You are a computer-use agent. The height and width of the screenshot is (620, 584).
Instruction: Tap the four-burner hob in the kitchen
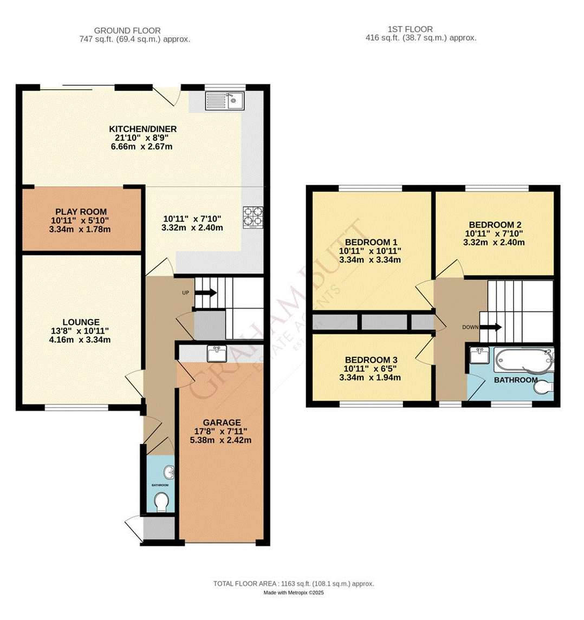[254, 217]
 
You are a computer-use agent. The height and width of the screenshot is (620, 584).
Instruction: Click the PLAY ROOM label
[81, 212]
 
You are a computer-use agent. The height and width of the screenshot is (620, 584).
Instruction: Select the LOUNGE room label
[81, 322]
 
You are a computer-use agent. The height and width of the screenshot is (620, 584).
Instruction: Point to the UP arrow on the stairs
[205, 293]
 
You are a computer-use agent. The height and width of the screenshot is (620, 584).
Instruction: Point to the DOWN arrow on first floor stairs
[494, 327]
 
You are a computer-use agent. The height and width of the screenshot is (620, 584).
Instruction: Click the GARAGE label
[222, 422]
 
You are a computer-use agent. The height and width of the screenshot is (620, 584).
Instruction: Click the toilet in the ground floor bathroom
[161, 502]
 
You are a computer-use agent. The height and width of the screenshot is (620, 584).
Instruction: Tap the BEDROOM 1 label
[371, 242]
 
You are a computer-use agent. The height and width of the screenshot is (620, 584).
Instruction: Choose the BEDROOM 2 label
[495, 225]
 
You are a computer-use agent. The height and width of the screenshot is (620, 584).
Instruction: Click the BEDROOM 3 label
[371, 360]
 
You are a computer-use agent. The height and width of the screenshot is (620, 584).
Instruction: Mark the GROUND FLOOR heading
[127, 30]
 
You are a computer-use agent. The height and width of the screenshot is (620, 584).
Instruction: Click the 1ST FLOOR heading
[410, 29]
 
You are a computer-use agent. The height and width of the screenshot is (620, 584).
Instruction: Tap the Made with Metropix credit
[293, 593]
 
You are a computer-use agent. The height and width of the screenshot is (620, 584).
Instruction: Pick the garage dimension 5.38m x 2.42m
[222, 440]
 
